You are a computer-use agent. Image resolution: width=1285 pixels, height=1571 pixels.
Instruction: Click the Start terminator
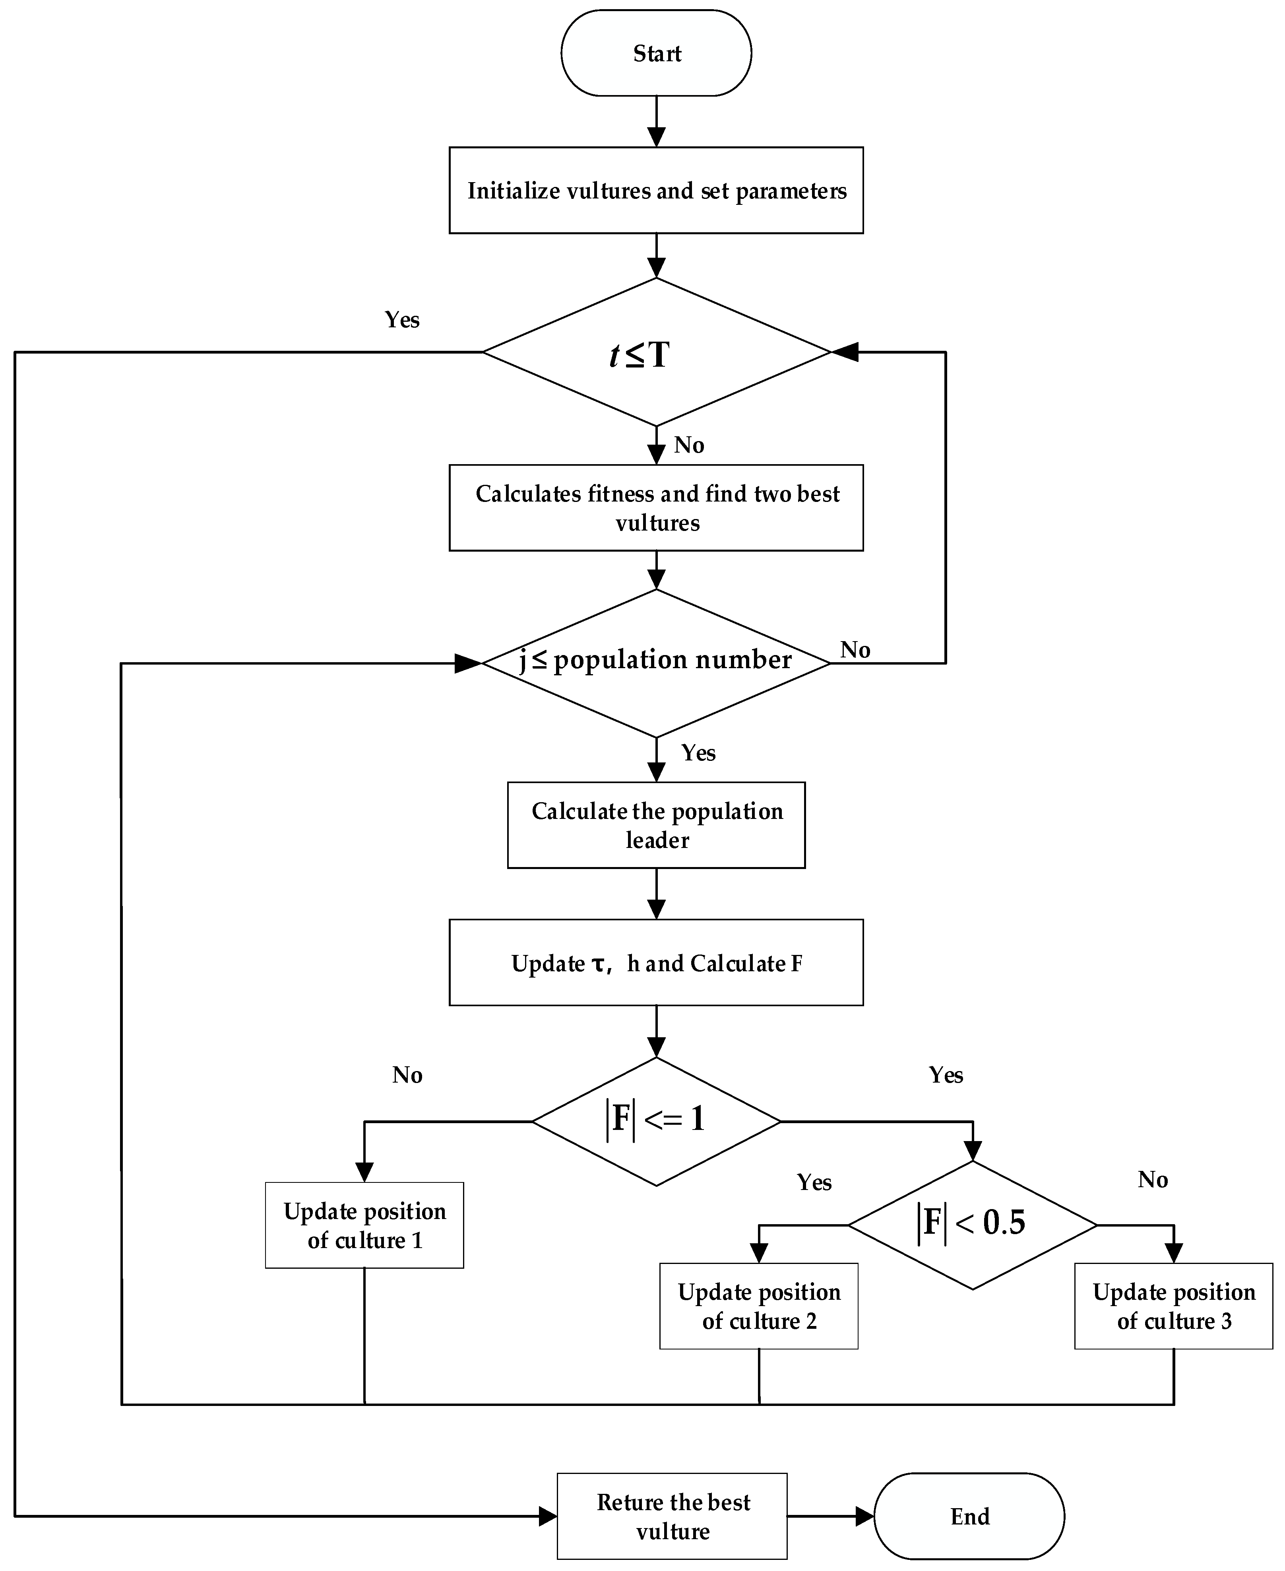click(x=656, y=53)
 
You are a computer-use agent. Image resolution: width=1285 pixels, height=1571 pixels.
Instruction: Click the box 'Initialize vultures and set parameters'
click(x=656, y=191)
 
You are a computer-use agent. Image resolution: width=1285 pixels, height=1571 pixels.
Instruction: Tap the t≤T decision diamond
click(x=656, y=352)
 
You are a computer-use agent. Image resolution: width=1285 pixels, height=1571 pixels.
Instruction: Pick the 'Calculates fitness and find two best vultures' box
click(x=656, y=508)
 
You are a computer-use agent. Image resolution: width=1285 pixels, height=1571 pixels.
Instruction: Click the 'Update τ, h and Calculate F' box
click(x=656, y=963)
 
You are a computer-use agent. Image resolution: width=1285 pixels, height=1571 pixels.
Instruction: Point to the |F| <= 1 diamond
click(x=656, y=1122)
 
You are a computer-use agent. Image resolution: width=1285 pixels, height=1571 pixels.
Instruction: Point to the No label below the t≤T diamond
click(x=688, y=445)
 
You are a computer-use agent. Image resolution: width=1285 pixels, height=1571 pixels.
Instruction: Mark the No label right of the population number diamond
click(x=855, y=649)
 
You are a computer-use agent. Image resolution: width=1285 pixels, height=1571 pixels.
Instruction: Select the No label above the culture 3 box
click(x=1153, y=1179)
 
